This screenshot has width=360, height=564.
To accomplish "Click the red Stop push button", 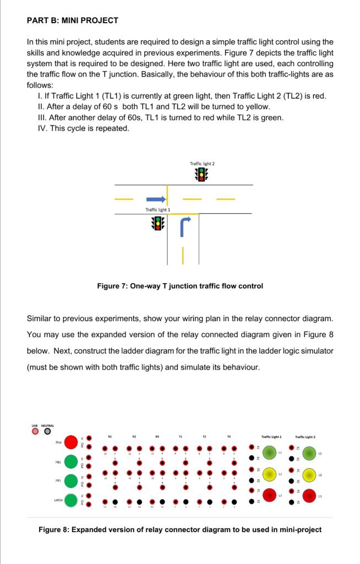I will pos(71,442).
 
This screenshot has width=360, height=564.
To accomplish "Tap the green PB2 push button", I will pos(71,461).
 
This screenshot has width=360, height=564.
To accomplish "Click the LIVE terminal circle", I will pos(36,431).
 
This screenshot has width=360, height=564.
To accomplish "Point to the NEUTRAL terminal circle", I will pos(48,431).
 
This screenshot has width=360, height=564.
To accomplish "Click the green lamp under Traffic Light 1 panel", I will pos(270,453).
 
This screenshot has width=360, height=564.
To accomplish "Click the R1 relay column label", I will pos(110,436).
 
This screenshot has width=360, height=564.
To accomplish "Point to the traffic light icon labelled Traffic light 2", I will pos(202,175).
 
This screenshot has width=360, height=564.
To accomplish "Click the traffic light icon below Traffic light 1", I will pos(158,223).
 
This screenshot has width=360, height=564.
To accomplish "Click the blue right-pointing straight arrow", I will pos(155,198).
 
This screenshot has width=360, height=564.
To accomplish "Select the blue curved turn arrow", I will pos(185,225).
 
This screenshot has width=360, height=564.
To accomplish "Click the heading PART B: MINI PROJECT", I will pos(72,20).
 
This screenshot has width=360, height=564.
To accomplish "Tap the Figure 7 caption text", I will pos(179,286).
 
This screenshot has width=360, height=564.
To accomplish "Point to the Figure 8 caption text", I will pos(179,530).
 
